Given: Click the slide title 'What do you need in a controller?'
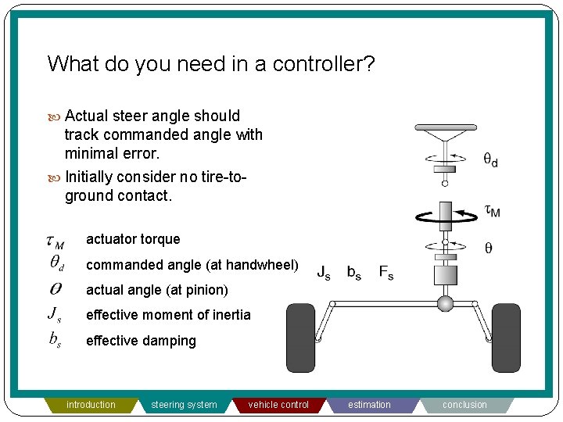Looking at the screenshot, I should tap(211, 63).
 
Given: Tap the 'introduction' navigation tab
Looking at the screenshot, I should tap(91, 405).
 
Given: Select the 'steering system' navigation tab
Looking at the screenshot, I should tap(184, 405).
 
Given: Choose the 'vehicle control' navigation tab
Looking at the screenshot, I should tap(278, 405).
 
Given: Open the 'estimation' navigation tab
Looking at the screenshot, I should tap(369, 405).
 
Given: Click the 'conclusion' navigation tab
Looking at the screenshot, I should tap(464, 405).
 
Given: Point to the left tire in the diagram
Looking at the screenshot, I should tap(301, 338).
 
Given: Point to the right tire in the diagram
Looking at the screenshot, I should tap(506, 338).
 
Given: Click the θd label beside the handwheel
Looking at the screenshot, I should tap(490, 161).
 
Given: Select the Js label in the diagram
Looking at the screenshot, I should tap(324, 272).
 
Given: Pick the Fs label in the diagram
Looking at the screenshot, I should tap(386, 272).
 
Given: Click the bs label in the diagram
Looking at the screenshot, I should tap(354, 272).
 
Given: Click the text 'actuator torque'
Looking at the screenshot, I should tap(133, 239).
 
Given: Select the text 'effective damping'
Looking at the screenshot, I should tap(141, 341).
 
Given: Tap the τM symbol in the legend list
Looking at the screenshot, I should tap(55, 242).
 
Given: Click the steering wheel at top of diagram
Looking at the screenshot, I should tap(444, 128).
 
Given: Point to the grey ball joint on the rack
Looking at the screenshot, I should tap(445, 303).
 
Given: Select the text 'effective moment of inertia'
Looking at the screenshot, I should tap(168, 315).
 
